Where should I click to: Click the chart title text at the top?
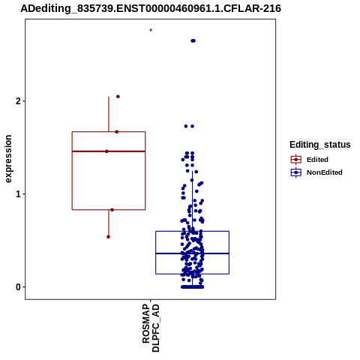(151, 8)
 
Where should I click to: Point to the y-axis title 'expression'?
(8, 159)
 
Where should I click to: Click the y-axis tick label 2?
(18, 101)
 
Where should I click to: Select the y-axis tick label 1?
(18, 194)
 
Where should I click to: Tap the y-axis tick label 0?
(18, 287)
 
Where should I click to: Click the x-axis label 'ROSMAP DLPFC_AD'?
(151, 328)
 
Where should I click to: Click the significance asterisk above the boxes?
(151, 31)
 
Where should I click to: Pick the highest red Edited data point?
(118, 97)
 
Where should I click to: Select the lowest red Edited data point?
(108, 237)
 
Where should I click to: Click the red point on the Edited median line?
(106, 151)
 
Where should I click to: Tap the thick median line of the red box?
(109, 151)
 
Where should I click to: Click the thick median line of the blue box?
(192, 253)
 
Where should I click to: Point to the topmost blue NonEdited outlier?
(193, 40)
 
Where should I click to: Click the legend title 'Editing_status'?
(320, 145)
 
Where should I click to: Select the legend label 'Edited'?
(317, 160)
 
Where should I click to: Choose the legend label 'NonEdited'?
(325, 172)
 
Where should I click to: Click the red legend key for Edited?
(296, 159)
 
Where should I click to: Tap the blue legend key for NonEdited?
(296, 172)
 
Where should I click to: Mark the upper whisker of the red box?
(109, 114)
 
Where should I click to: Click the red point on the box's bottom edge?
(112, 210)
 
